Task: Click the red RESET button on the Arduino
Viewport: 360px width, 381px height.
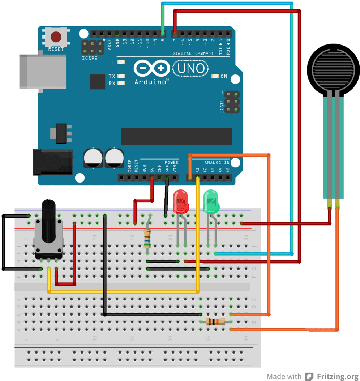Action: (x=56, y=37)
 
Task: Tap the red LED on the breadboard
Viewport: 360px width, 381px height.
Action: (x=181, y=202)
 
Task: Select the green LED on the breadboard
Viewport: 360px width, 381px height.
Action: (x=211, y=202)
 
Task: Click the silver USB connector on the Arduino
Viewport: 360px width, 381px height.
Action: (x=43, y=71)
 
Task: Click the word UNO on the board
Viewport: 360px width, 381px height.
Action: (x=191, y=68)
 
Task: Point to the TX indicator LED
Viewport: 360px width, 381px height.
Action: (x=121, y=76)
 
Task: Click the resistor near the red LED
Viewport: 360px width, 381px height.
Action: (x=147, y=239)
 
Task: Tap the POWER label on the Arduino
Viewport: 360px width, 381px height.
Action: (x=171, y=163)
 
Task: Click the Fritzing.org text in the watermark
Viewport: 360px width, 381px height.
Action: (x=335, y=376)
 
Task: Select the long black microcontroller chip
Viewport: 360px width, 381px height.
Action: (x=176, y=136)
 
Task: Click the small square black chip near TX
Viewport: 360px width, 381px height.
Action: (x=97, y=82)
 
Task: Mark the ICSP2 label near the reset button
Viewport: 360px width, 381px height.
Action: (x=90, y=57)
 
